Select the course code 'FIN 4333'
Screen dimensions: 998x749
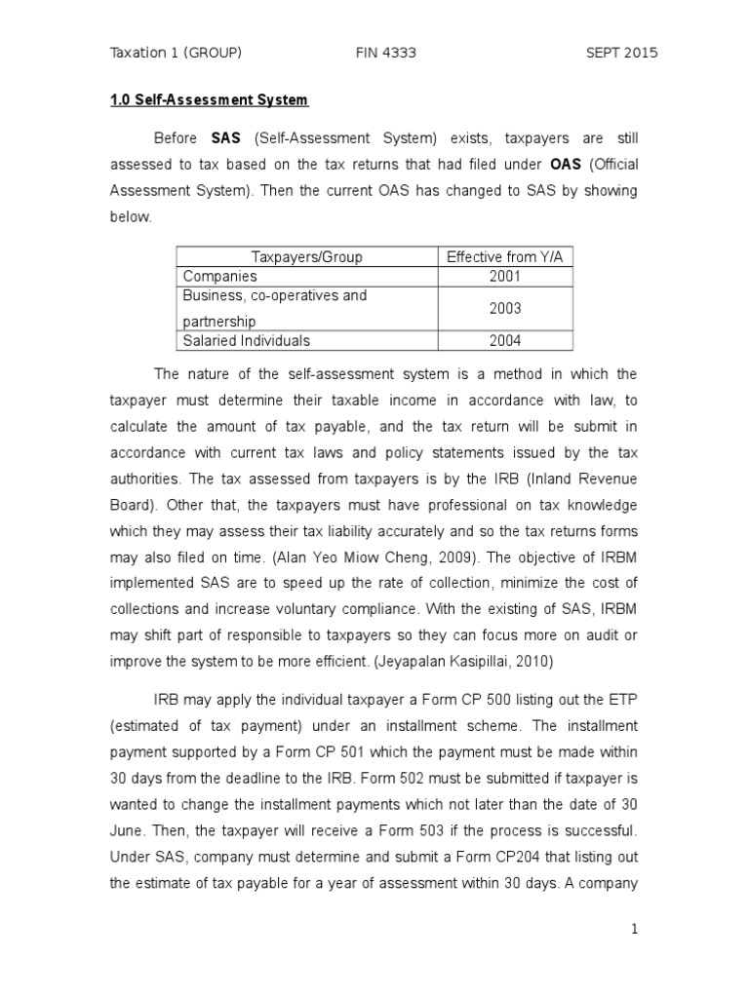pos(385,53)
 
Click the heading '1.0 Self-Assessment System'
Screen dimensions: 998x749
pos(208,100)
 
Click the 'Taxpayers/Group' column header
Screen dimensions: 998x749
pos(307,257)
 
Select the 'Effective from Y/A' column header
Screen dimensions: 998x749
pos(505,257)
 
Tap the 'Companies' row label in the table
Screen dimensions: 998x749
pos(220,277)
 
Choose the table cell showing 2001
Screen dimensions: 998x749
pos(505,277)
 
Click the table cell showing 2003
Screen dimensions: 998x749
pos(505,308)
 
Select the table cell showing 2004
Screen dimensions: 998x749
pos(505,340)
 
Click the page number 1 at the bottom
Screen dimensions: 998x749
pos(634,929)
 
